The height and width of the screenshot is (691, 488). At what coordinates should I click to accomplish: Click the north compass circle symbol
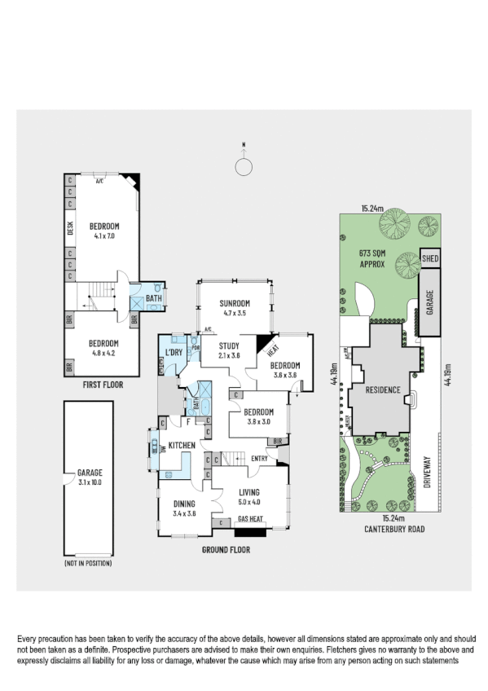pyautogui.click(x=243, y=166)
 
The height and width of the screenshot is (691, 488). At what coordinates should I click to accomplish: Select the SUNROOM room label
pyautogui.click(x=233, y=303)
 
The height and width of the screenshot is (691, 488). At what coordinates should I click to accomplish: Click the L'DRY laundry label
pyautogui.click(x=173, y=352)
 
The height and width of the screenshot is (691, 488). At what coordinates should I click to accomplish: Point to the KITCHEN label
pyautogui.click(x=181, y=445)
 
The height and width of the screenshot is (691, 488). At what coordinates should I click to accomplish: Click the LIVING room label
pyautogui.click(x=248, y=492)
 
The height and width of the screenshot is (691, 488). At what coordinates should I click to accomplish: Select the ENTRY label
pyautogui.click(x=259, y=458)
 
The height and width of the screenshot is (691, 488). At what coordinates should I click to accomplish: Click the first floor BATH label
pyautogui.click(x=153, y=299)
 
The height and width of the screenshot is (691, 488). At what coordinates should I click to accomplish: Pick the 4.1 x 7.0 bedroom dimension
pyautogui.click(x=104, y=235)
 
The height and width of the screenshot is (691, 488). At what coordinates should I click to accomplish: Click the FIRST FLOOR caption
pyautogui.click(x=103, y=384)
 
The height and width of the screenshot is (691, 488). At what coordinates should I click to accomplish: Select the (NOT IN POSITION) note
pyautogui.click(x=87, y=563)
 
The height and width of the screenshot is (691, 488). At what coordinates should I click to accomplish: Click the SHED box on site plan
pyautogui.click(x=430, y=258)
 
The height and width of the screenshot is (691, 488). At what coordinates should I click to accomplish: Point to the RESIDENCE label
pyautogui.click(x=381, y=390)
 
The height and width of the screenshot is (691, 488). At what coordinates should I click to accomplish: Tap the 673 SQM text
pyautogui.click(x=371, y=253)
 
